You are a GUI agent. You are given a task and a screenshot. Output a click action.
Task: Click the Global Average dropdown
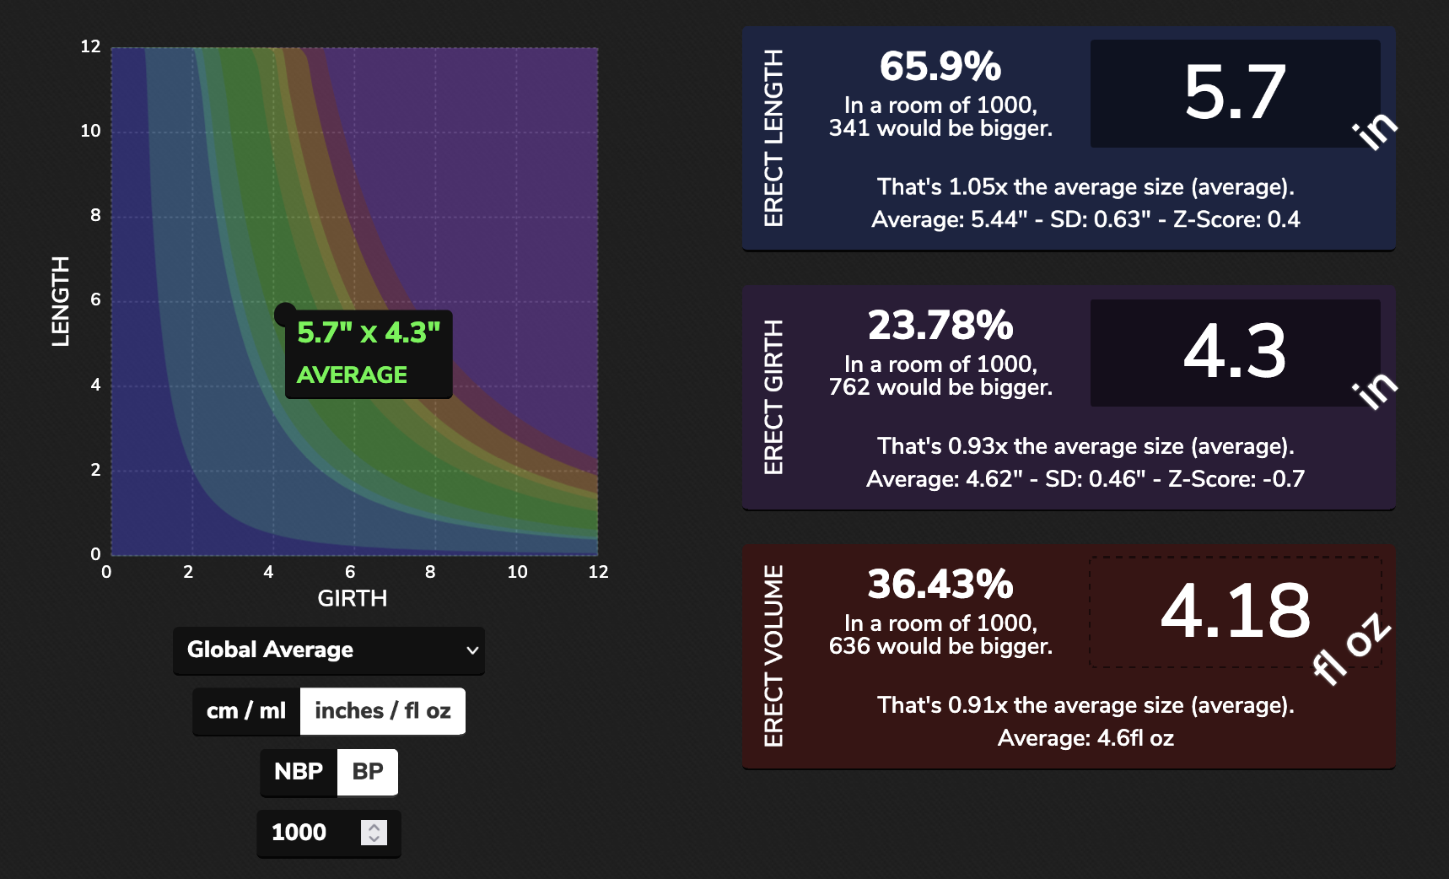(x=328, y=650)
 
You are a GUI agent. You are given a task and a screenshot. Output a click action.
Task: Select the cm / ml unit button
(x=246, y=711)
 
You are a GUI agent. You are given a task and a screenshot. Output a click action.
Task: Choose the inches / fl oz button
(x=383, y=711)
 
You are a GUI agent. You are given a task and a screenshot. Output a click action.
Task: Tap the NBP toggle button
(x=299, y=772)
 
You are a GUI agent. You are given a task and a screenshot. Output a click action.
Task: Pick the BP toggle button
(x=368, y=772)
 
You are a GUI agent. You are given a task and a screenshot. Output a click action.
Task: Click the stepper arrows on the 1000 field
(x=374, y=833)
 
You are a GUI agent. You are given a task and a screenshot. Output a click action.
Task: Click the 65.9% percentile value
(x=940, y=67)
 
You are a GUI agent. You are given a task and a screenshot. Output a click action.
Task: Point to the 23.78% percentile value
(x=940, y=326)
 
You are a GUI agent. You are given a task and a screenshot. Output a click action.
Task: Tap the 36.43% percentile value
(x=940, y=585)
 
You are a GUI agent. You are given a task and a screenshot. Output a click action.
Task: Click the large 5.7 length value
(x=1235, y=93)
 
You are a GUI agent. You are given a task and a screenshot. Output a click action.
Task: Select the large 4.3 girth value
(x=1235, y=352)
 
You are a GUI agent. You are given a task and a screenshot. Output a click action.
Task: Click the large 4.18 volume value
(x=1235, y=611)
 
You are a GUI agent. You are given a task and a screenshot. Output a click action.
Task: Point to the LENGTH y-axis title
(x=60, y=301)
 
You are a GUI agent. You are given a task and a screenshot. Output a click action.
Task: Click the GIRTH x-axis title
(x=352, y=599)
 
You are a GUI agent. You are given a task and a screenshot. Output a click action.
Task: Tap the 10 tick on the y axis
(x=90, y=131)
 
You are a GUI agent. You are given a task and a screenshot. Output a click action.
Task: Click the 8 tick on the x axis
(x=430, y=572)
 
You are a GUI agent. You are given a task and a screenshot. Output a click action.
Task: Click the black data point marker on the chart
(x=285, y=315)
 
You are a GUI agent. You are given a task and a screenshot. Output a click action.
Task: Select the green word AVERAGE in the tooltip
(x=352, y=375)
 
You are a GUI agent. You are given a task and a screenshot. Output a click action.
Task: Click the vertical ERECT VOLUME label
(x=773, y=655)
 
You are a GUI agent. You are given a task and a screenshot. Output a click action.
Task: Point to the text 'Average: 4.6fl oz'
(x=1085, y=739)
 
